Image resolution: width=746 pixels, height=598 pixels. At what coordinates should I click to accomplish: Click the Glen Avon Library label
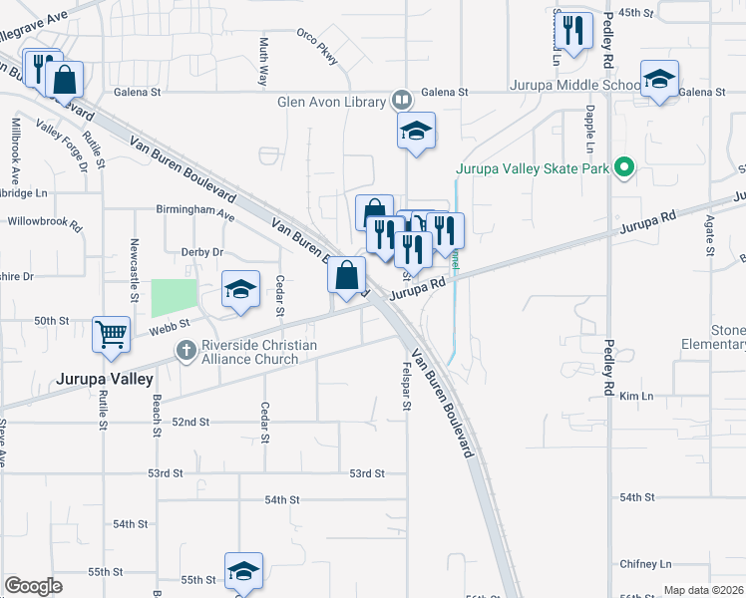pos(330,102)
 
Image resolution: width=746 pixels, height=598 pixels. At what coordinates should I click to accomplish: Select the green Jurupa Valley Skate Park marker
pos(625,166)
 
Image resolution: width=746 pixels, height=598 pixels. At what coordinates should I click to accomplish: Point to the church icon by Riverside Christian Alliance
pos(185,350)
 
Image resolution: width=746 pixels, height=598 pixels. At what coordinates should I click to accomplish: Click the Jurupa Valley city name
pos(104,380)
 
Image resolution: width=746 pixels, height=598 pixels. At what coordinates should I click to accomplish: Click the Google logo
pos(33,586)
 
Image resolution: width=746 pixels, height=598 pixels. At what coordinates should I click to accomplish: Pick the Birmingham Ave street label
pos(194,213)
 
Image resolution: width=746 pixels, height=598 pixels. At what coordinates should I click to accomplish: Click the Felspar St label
pos(407,392)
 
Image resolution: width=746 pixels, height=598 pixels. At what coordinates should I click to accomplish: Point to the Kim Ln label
pos(635,397)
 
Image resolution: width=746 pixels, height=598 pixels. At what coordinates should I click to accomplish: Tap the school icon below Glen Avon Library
pos(416,130)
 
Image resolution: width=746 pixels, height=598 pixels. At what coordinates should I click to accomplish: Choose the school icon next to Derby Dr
pos(240,289)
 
